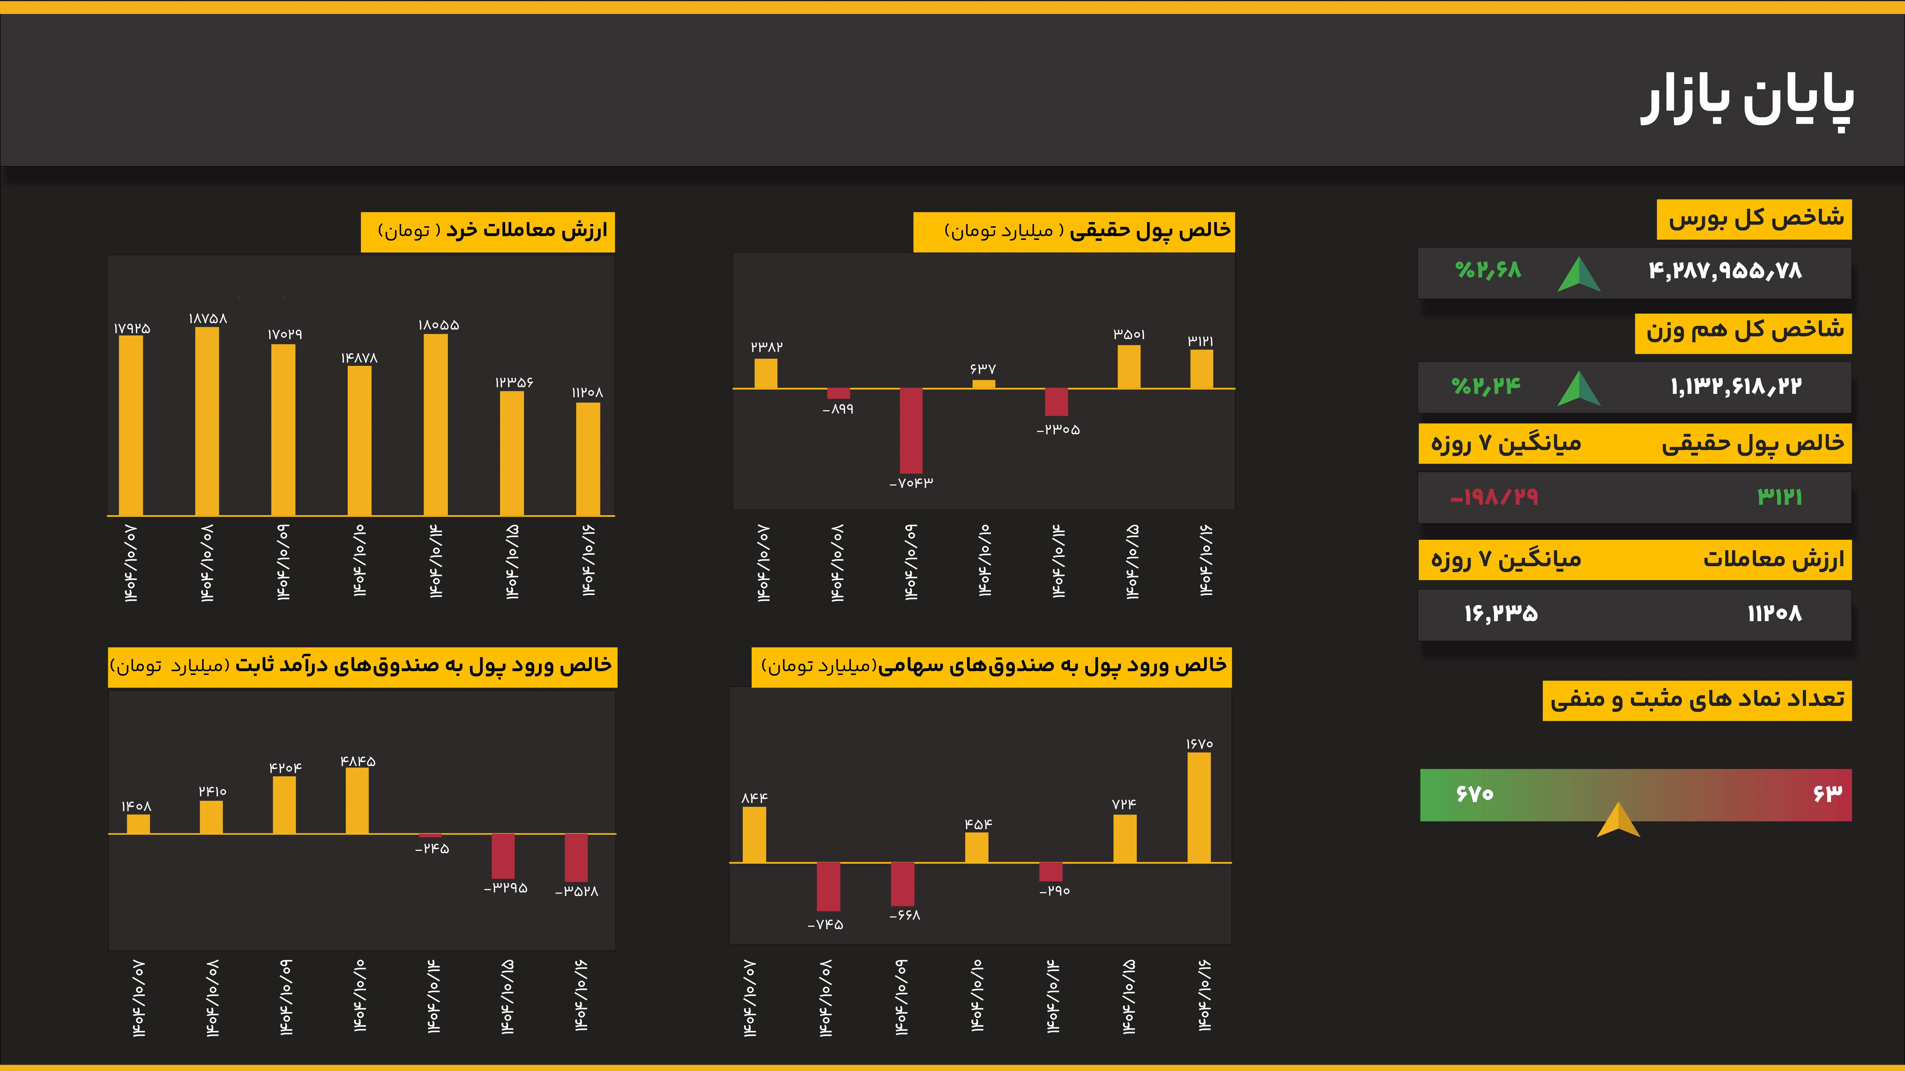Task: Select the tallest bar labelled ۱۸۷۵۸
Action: click(x=207, y=421)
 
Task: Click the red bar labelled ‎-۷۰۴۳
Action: click(x=911, y=431)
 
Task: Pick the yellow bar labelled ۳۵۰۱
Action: click(x=1128, y=367)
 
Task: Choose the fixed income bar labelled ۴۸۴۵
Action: click(x=357, y=800)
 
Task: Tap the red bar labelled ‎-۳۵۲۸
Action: click(x=576, y=857)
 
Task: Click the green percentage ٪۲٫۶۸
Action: click(x=1488, y=270)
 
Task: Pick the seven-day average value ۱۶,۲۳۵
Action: click(x=1501, y=614)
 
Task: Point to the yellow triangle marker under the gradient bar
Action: click(x=1618, y=820)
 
